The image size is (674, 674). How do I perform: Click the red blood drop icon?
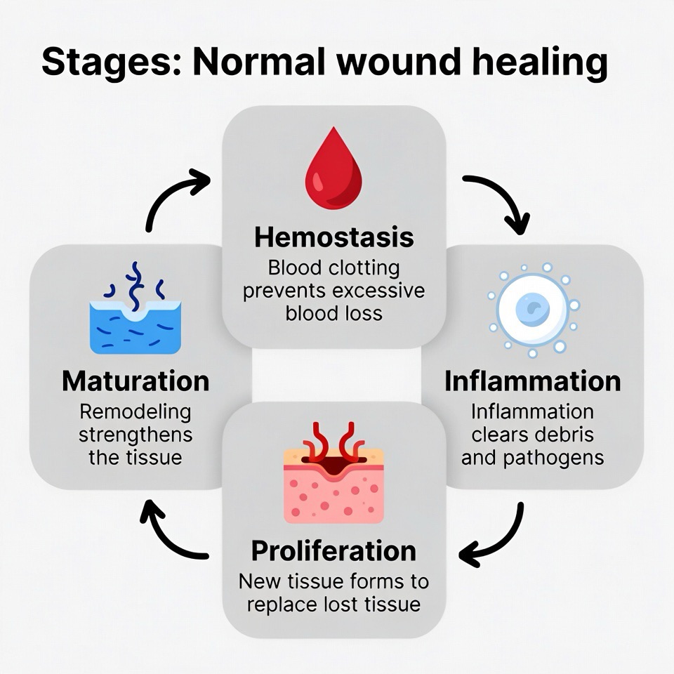[x=333, y=170]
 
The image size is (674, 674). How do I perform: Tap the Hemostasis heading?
[x=333, y=237]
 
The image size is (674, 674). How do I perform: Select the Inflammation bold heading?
[x=532, y=381]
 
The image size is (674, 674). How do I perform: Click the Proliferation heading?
[x=333, y=550]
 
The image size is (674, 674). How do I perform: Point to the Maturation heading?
[x=136, y=381]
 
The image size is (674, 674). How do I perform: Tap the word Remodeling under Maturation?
[x=135, y=411]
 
